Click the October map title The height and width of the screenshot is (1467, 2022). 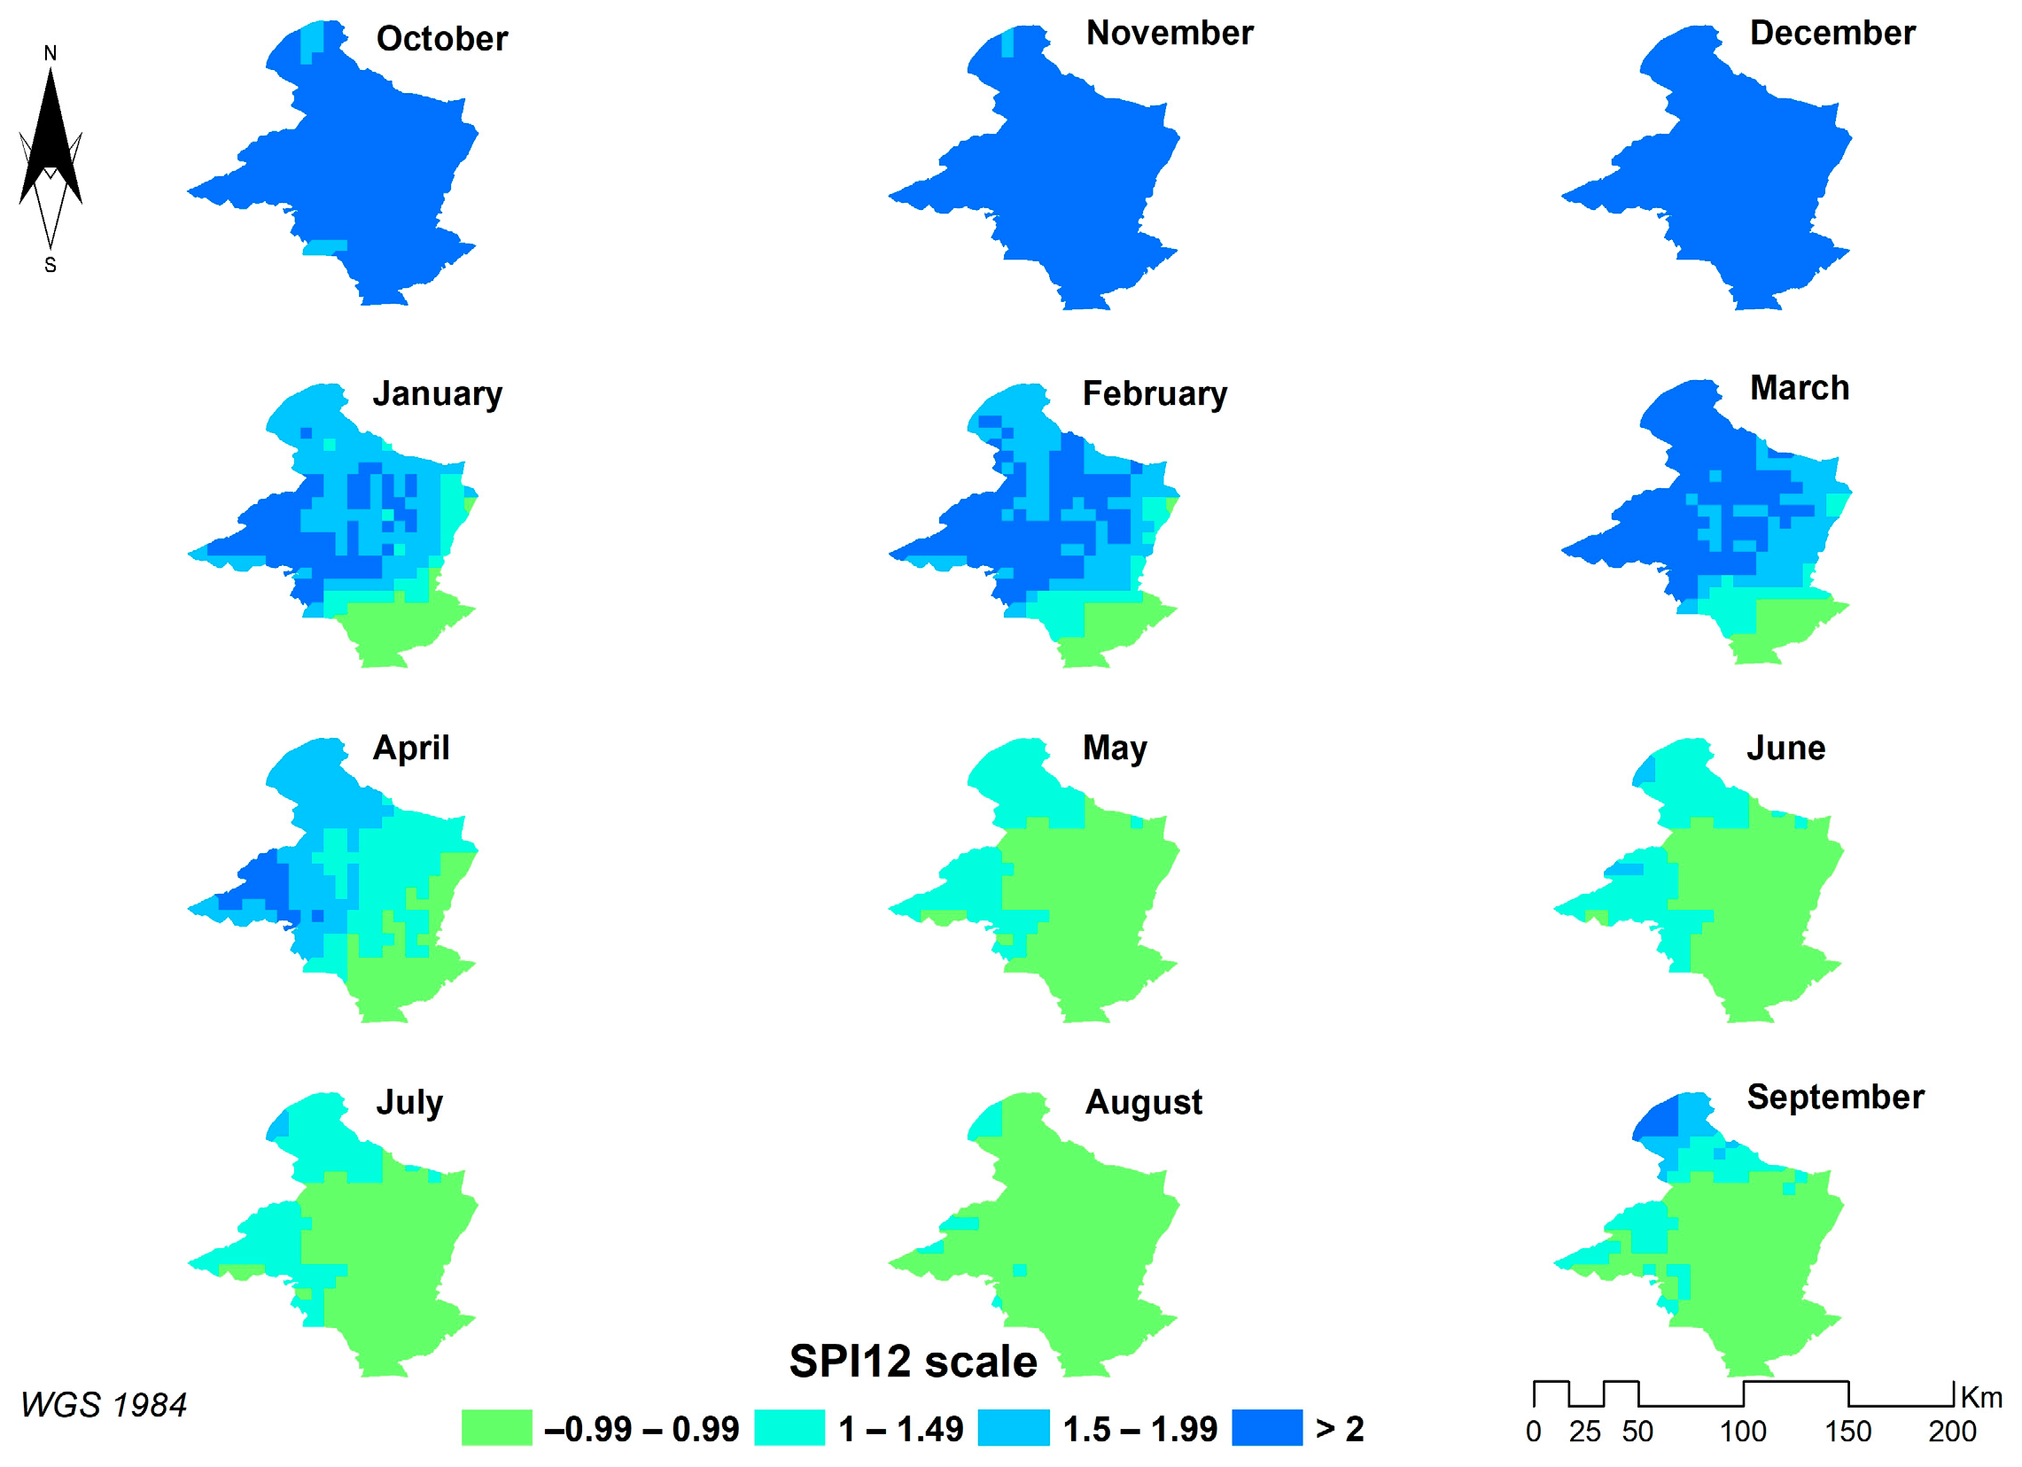coord(441,38)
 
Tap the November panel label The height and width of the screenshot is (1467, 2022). coord(1169,33)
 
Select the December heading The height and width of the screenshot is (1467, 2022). coord(1832,33)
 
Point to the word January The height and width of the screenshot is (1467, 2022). coord(437,393)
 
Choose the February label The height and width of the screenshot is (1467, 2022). coord(1155,393)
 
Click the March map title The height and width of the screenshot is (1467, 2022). coord(1799,388)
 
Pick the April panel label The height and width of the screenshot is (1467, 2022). coord(411,747)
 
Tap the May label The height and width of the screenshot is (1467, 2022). coord(1115,747)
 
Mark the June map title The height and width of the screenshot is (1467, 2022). coord(1785,747)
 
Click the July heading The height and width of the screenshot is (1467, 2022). coord(409,1102)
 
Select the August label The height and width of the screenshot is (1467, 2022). coord(1143,1102)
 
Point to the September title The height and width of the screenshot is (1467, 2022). coord(1835,1096)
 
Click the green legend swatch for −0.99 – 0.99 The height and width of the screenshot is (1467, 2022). coord(496,1427)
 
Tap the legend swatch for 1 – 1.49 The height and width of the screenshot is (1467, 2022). coord(789,1427)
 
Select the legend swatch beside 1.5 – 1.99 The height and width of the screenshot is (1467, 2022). coord(1013,1427)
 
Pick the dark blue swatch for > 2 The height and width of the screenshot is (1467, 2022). coord(1266,1427)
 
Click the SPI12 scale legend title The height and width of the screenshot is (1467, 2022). coord(913,1361)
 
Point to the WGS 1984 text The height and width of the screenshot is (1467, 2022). coord(104,1406)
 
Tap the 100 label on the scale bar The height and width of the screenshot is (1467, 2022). coord(1742,1432)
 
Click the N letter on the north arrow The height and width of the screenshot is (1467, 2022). coord(51,53)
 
